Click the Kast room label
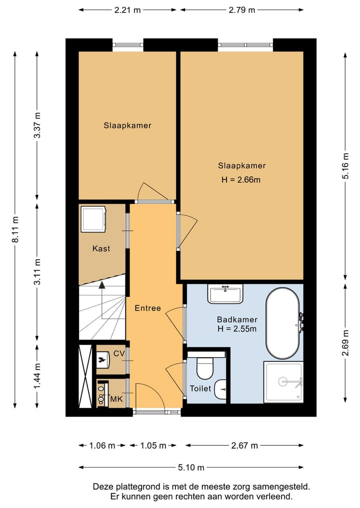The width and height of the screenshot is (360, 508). click(101, 248)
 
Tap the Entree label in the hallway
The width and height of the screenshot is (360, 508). click(148, 308)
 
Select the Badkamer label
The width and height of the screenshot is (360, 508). click(237, 320)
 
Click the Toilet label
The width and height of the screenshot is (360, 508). click(200, 389)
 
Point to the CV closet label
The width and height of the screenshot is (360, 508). click(119, 354)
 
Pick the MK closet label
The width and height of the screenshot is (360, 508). click(117, 399)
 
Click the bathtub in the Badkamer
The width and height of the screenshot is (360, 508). click(282, 323)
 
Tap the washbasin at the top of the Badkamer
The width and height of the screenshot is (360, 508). click(225, 294)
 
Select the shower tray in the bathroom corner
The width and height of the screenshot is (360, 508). click(283, 382)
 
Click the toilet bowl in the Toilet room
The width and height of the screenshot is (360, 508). click(205, 368)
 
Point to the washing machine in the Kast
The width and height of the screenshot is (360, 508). click(93, 219)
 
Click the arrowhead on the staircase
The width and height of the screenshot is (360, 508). click(102, 285)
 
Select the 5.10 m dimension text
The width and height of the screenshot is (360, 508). click(191, 468)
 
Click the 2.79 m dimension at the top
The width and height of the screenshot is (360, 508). click(242, 10)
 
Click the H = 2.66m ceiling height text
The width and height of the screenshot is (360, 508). click(241, 180)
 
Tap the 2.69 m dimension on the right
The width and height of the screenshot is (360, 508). click(345, 343)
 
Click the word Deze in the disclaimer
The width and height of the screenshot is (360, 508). click(102, 487)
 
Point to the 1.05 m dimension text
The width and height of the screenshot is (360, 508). click(153, 446)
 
